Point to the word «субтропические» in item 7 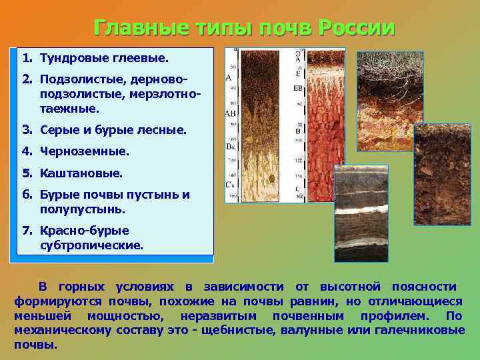coord(91,245)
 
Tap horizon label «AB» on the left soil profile coord(231,114)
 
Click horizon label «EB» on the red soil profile coord(299,87)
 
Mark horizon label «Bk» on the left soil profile coord(231,145)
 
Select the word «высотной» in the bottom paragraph coord(351,287)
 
